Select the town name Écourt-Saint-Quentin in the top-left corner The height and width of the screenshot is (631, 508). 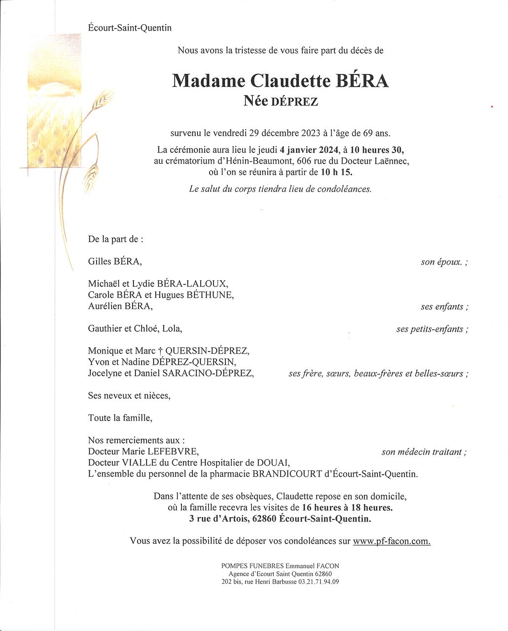tap(130, 28)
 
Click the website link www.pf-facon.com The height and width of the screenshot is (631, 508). tap(392, 541)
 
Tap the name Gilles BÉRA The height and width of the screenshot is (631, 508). tap(115, 261)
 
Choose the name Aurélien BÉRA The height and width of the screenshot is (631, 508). tap(120, 307)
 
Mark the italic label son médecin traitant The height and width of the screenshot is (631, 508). tap(422, 452)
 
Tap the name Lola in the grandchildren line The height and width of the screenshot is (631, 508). tap(176, 328)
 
